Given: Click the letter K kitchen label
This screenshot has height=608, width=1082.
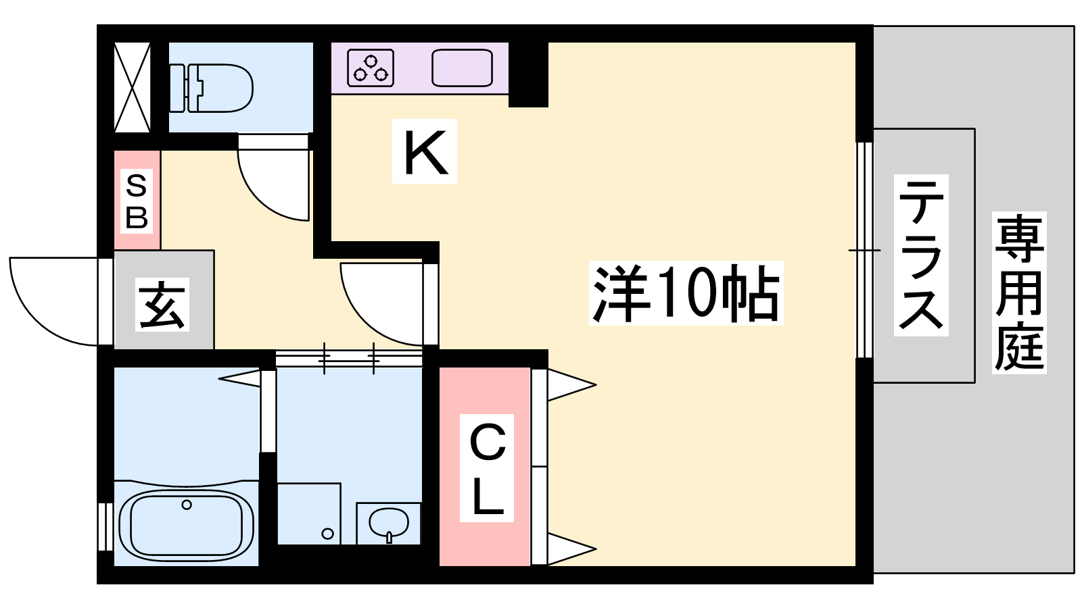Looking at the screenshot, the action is [425, 151].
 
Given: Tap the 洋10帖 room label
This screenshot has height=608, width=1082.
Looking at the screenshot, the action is [686, 293].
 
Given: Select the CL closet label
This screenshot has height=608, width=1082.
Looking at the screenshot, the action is [487, 468].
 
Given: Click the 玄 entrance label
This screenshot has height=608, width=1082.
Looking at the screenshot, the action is [162, 305].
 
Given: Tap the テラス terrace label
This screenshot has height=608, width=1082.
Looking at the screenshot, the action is [920, 255].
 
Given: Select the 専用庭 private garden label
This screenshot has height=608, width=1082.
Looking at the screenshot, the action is [1019, 293].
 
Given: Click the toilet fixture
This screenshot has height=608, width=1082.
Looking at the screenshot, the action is [211, 88].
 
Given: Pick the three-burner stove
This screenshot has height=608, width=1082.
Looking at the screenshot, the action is [371, 68].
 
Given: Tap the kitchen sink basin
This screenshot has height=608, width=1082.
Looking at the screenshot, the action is [463, 68].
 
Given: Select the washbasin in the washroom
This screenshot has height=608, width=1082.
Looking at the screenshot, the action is [388, 523].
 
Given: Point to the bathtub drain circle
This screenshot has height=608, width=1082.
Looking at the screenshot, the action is [187, 505].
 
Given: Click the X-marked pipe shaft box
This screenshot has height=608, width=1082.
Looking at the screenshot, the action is [132, 87].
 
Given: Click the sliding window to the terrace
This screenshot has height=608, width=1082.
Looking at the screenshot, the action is [865, 250].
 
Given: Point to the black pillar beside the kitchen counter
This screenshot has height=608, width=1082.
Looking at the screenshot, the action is [528, 74].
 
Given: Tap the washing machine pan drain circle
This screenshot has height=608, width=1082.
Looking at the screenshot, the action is [327, 534].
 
